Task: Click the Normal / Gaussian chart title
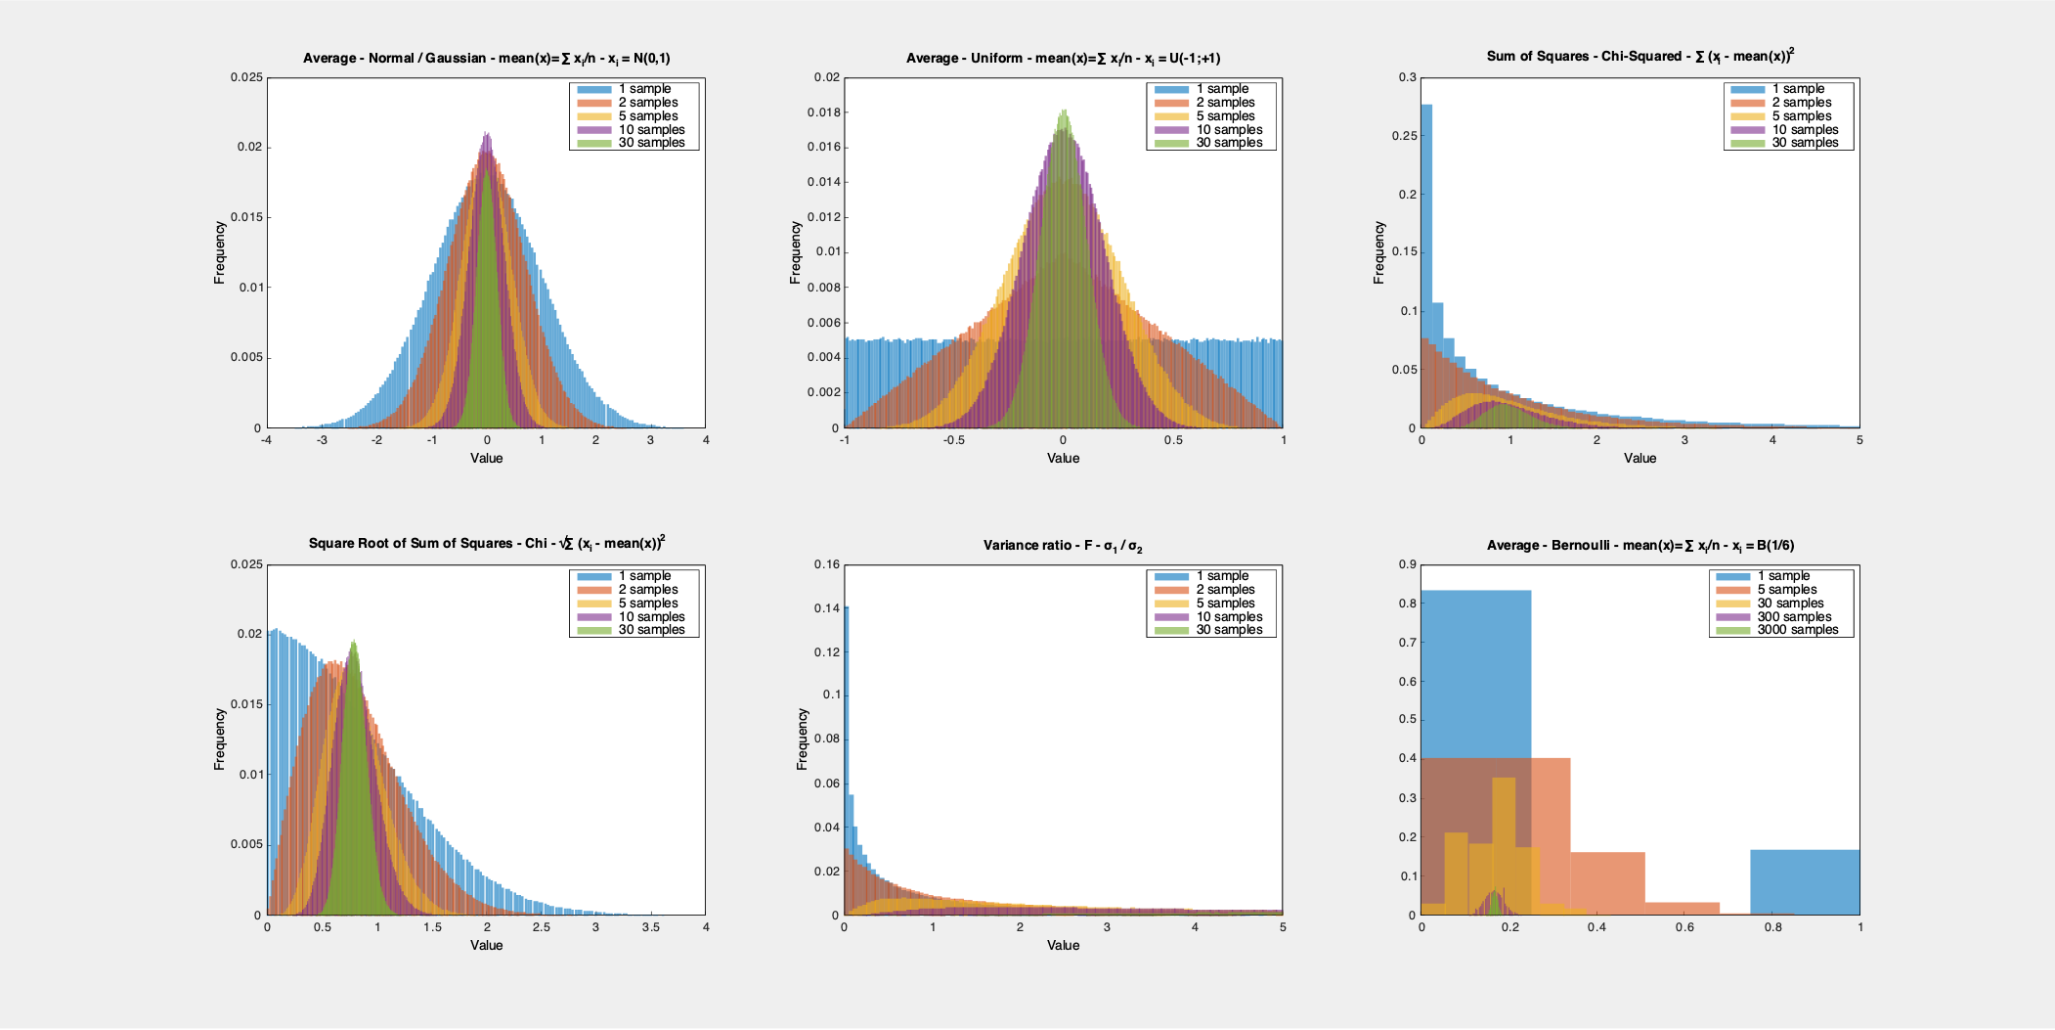486,59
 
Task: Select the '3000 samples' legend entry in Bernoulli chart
1797,630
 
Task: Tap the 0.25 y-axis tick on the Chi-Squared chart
1404,136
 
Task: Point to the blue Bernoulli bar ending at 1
1805,882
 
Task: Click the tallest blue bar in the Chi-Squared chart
1426,264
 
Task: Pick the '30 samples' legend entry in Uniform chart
1229,143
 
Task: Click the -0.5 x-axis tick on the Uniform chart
953,440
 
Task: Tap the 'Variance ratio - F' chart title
1063,546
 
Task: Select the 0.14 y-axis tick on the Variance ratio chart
827,608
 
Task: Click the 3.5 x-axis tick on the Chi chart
650,927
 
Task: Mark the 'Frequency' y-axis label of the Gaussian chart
220,252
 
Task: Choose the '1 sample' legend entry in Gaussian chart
644,89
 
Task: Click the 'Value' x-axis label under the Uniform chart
1063,458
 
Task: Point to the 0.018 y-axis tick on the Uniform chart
823,112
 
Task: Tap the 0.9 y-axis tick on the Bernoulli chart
1407,564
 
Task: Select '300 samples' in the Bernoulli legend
1794,617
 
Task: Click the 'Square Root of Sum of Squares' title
486,544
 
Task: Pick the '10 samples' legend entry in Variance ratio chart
1229,617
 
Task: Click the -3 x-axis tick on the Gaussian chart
322,440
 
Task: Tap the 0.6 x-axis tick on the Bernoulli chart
1684,927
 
